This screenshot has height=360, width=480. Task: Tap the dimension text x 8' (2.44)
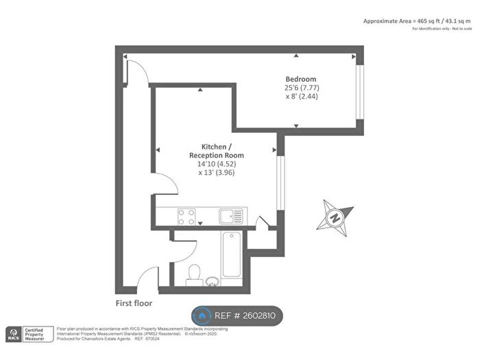[x=302, y=97]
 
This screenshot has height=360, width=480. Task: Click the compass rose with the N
[x=335, y=215]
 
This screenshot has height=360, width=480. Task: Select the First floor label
[x=134, y=302]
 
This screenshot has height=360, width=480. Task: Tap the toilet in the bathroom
[x=194, y=273]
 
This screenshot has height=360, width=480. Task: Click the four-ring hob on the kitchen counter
[x=185, y=217]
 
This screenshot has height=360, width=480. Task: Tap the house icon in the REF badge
[x=202, y=315]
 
